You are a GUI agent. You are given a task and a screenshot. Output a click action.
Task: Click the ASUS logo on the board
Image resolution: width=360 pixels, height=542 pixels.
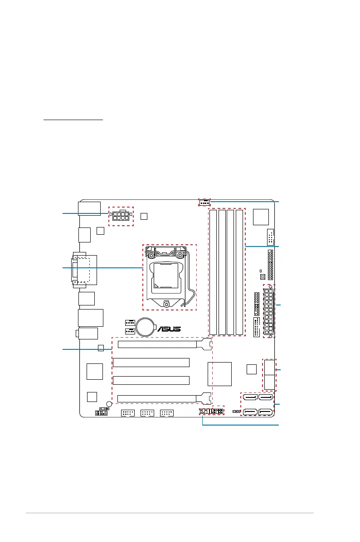[169, 329]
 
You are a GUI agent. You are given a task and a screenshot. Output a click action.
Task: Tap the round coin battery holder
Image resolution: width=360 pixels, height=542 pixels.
[146, 327]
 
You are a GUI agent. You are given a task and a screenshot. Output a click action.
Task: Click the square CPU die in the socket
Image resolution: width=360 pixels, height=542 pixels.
[165, 275]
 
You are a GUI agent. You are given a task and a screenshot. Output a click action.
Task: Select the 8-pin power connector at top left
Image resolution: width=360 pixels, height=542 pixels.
[121, 216]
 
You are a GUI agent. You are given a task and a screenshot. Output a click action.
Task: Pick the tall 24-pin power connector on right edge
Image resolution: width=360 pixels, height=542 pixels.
[269, 311]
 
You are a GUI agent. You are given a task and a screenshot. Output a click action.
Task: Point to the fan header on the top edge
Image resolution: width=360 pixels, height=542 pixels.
[204, 202]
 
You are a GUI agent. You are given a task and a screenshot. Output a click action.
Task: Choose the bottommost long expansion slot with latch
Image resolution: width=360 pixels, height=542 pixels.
[164, 398]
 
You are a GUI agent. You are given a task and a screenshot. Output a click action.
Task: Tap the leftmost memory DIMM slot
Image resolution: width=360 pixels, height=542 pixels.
[213, 272]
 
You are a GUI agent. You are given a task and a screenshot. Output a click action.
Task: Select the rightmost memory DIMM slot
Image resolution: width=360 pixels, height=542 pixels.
[239, 272]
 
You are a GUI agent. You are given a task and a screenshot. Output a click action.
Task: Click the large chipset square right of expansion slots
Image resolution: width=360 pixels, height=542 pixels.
[219, 374]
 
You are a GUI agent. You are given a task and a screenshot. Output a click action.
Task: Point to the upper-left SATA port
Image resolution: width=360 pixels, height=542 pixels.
[250, 397]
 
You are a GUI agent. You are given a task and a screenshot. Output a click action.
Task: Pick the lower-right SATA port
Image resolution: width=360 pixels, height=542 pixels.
[266, 411]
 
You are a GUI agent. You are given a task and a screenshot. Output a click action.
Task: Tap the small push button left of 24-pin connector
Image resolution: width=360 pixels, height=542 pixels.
[263, 277]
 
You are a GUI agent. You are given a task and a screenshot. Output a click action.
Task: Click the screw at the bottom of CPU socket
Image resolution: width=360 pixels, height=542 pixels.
[166, 304]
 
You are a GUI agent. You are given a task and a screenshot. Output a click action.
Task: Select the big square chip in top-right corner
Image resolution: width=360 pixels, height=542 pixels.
[261, 217]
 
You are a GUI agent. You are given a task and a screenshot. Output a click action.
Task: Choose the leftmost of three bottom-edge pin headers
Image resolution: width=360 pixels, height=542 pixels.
[128, 413]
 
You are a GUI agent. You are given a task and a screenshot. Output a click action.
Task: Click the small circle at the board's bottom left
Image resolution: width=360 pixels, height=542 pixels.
[109, 404]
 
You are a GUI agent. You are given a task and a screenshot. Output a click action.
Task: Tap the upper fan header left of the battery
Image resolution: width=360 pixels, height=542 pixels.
[130, 323]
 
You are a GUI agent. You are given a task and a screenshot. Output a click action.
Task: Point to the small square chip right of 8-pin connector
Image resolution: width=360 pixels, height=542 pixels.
[144, 216]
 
